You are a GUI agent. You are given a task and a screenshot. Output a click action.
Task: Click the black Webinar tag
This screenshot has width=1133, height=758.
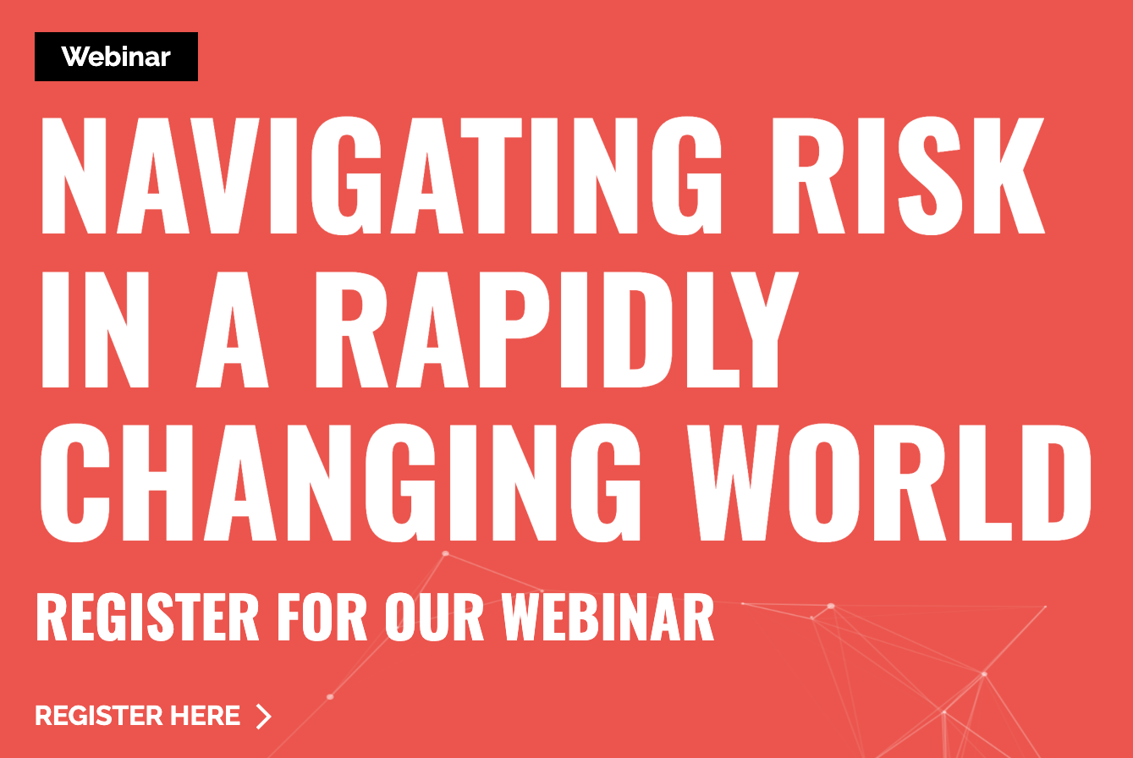coord(116,57)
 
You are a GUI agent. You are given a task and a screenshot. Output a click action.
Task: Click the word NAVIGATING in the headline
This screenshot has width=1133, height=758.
coord(382,176)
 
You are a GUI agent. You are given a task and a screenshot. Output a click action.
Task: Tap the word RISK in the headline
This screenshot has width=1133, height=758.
coord(909,176)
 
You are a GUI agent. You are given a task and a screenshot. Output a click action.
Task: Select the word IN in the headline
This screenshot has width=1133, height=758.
coord(95,330)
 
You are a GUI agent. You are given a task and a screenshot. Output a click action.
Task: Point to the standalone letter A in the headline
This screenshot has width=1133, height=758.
coord(232,330)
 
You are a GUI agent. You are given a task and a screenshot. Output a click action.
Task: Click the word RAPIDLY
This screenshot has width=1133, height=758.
coord(557,330)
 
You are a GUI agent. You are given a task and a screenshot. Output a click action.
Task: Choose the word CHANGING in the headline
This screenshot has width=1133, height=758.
coord(340,482)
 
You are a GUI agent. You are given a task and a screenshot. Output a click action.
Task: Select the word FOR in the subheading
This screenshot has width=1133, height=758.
coord(322,618)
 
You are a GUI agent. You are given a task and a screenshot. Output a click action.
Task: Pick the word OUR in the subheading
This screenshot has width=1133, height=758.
coord(434,618)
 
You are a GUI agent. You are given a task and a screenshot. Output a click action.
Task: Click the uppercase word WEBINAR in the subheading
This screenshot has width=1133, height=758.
coord(608,618)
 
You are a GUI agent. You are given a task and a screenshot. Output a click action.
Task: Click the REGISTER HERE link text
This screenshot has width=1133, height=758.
coord(138,716)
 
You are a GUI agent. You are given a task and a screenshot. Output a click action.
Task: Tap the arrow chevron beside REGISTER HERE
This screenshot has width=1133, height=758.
coord(263,716)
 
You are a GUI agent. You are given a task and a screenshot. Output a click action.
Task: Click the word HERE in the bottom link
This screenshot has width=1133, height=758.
coord(205,716)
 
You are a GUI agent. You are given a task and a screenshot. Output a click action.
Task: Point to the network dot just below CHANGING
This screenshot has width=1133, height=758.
coord(446,554)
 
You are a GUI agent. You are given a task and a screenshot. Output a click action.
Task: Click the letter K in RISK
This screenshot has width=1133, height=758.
coord(1009,176)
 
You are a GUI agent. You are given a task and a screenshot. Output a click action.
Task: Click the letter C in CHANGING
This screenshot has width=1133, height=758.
coord(74,482)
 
